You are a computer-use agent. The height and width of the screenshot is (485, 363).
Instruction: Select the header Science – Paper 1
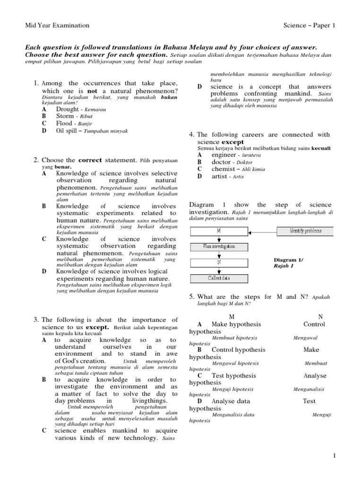(309, 26)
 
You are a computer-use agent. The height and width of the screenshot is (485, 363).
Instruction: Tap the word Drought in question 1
(67, 109)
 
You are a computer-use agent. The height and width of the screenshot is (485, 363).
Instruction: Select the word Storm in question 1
(65, 116)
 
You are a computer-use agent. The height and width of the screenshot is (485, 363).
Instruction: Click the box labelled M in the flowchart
(218, 231)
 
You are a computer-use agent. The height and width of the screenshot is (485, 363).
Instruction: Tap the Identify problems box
(305, 231)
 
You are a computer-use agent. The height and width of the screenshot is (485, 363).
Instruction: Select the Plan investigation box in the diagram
(218, 247)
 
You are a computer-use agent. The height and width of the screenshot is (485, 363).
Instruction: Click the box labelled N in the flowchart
(218, 262)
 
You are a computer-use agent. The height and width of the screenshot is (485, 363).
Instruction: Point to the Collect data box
(218, 278)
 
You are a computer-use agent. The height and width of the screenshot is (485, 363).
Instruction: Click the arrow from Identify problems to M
(262, 231)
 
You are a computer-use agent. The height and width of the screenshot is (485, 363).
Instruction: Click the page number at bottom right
(334, 456)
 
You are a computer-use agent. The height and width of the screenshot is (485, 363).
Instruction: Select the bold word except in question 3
(98, 327)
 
